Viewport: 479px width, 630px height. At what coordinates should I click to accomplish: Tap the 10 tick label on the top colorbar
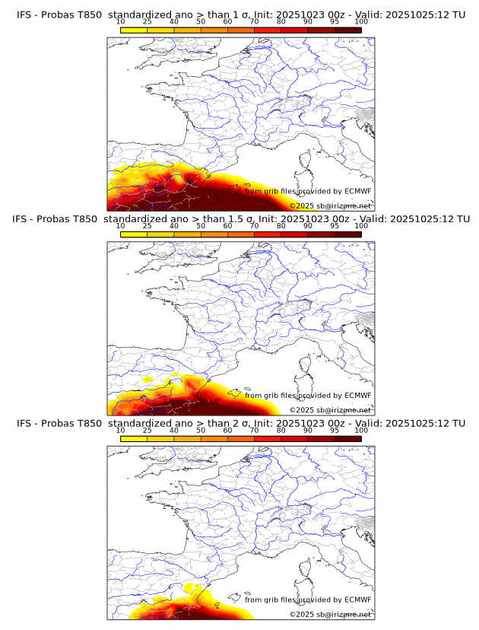(121, 21)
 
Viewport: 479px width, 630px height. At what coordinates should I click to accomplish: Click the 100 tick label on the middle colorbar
(361, 226)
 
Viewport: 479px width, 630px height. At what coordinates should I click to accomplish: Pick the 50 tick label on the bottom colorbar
(201, 430)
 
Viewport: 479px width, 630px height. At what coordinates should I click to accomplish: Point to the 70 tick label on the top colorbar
(254, 21)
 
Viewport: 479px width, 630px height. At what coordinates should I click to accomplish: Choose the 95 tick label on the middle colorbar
(335, 226)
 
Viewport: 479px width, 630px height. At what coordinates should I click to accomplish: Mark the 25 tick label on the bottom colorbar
(148, 430)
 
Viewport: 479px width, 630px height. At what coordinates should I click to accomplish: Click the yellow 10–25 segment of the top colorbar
(134, 30)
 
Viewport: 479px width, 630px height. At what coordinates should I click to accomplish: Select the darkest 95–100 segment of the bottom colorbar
(347, 438)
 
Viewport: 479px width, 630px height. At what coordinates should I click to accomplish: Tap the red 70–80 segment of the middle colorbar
(267, 234)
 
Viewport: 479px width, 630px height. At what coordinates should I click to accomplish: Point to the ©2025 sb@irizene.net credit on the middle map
(330, 410)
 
